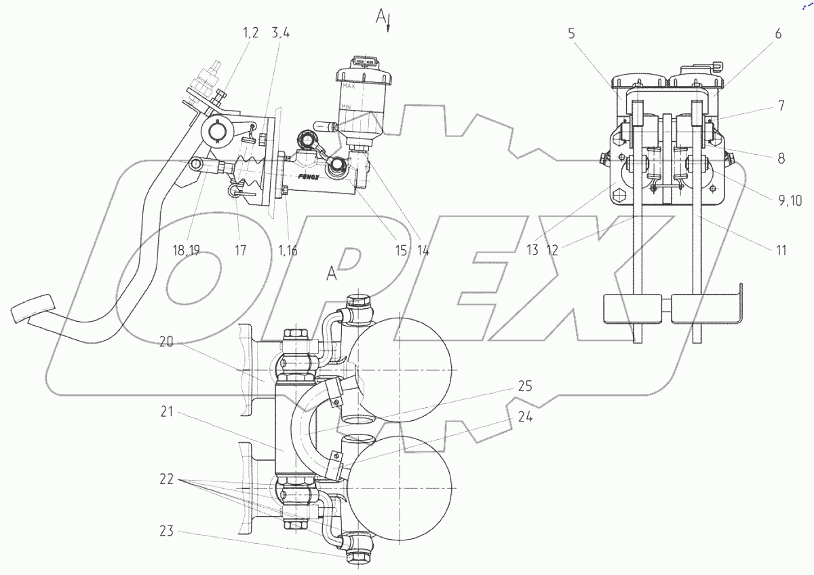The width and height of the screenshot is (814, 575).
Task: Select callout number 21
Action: click(168, 411)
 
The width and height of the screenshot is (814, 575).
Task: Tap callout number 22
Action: click(168, 479)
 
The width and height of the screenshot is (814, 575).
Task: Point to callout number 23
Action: click(167, 532)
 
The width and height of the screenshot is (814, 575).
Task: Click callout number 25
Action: click(524, 387)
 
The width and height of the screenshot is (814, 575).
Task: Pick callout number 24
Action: click(524, 418)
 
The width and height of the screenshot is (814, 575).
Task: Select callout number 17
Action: click(240, 250)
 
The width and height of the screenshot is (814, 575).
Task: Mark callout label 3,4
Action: click(283, 32)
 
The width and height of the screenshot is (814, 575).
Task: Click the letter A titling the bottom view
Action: click(332, 274)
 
